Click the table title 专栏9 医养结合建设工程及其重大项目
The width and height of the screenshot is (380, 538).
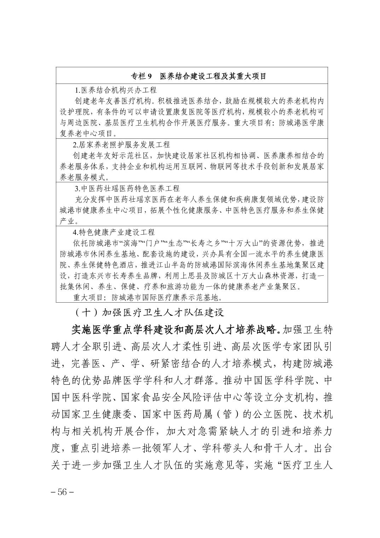[x=198, y=76]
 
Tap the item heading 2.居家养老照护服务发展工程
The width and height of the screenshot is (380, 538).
[x=121, y=145]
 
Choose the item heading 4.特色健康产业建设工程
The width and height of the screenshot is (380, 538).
[x=114, y=232]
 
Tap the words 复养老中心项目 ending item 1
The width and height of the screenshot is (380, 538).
[x=85, y=133]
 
